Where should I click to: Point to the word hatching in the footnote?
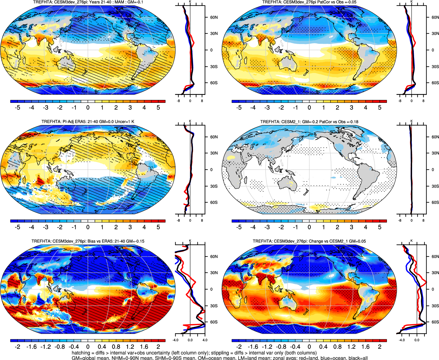(81, 353)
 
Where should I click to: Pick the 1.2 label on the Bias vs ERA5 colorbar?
(130, 347)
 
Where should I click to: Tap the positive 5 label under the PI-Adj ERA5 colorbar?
(158, 227)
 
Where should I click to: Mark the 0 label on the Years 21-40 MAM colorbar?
(88, 108)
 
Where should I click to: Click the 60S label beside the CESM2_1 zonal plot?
(435, 202)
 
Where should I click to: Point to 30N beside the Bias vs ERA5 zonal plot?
(214, 273)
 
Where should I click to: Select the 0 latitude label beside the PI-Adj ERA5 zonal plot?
(211, 170)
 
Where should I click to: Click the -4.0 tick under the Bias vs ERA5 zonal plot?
(175, 340)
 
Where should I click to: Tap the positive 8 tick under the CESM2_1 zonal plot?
(423, 220)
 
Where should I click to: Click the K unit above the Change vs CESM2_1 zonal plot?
(412, 241)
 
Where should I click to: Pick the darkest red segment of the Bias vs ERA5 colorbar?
(162, 340)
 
